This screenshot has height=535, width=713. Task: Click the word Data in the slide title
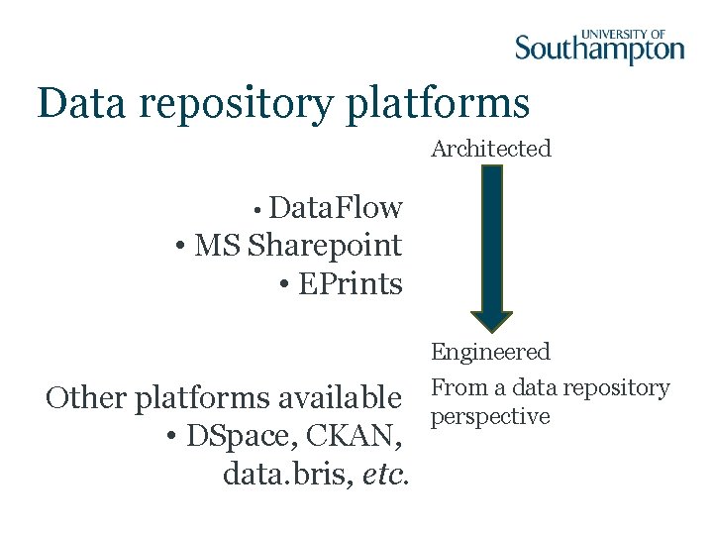click(x=80, y=103)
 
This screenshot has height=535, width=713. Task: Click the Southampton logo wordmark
click(x=599, y=48)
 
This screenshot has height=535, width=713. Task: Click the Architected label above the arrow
click(x=491, y=149)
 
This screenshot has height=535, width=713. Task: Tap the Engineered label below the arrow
click(x=490, y=352)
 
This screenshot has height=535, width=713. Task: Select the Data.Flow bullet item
click(x=335, y=208)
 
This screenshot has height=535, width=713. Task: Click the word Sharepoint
click(x=325, y=246)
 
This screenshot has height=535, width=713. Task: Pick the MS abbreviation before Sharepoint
click(x=218, y=245)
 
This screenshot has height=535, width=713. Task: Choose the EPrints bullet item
click(x=350, y=284)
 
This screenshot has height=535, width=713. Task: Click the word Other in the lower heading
click(x=86, y=398)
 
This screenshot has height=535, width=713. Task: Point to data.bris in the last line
click(x=286, y=475)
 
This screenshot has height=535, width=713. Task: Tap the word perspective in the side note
click(x=490, y=416)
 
